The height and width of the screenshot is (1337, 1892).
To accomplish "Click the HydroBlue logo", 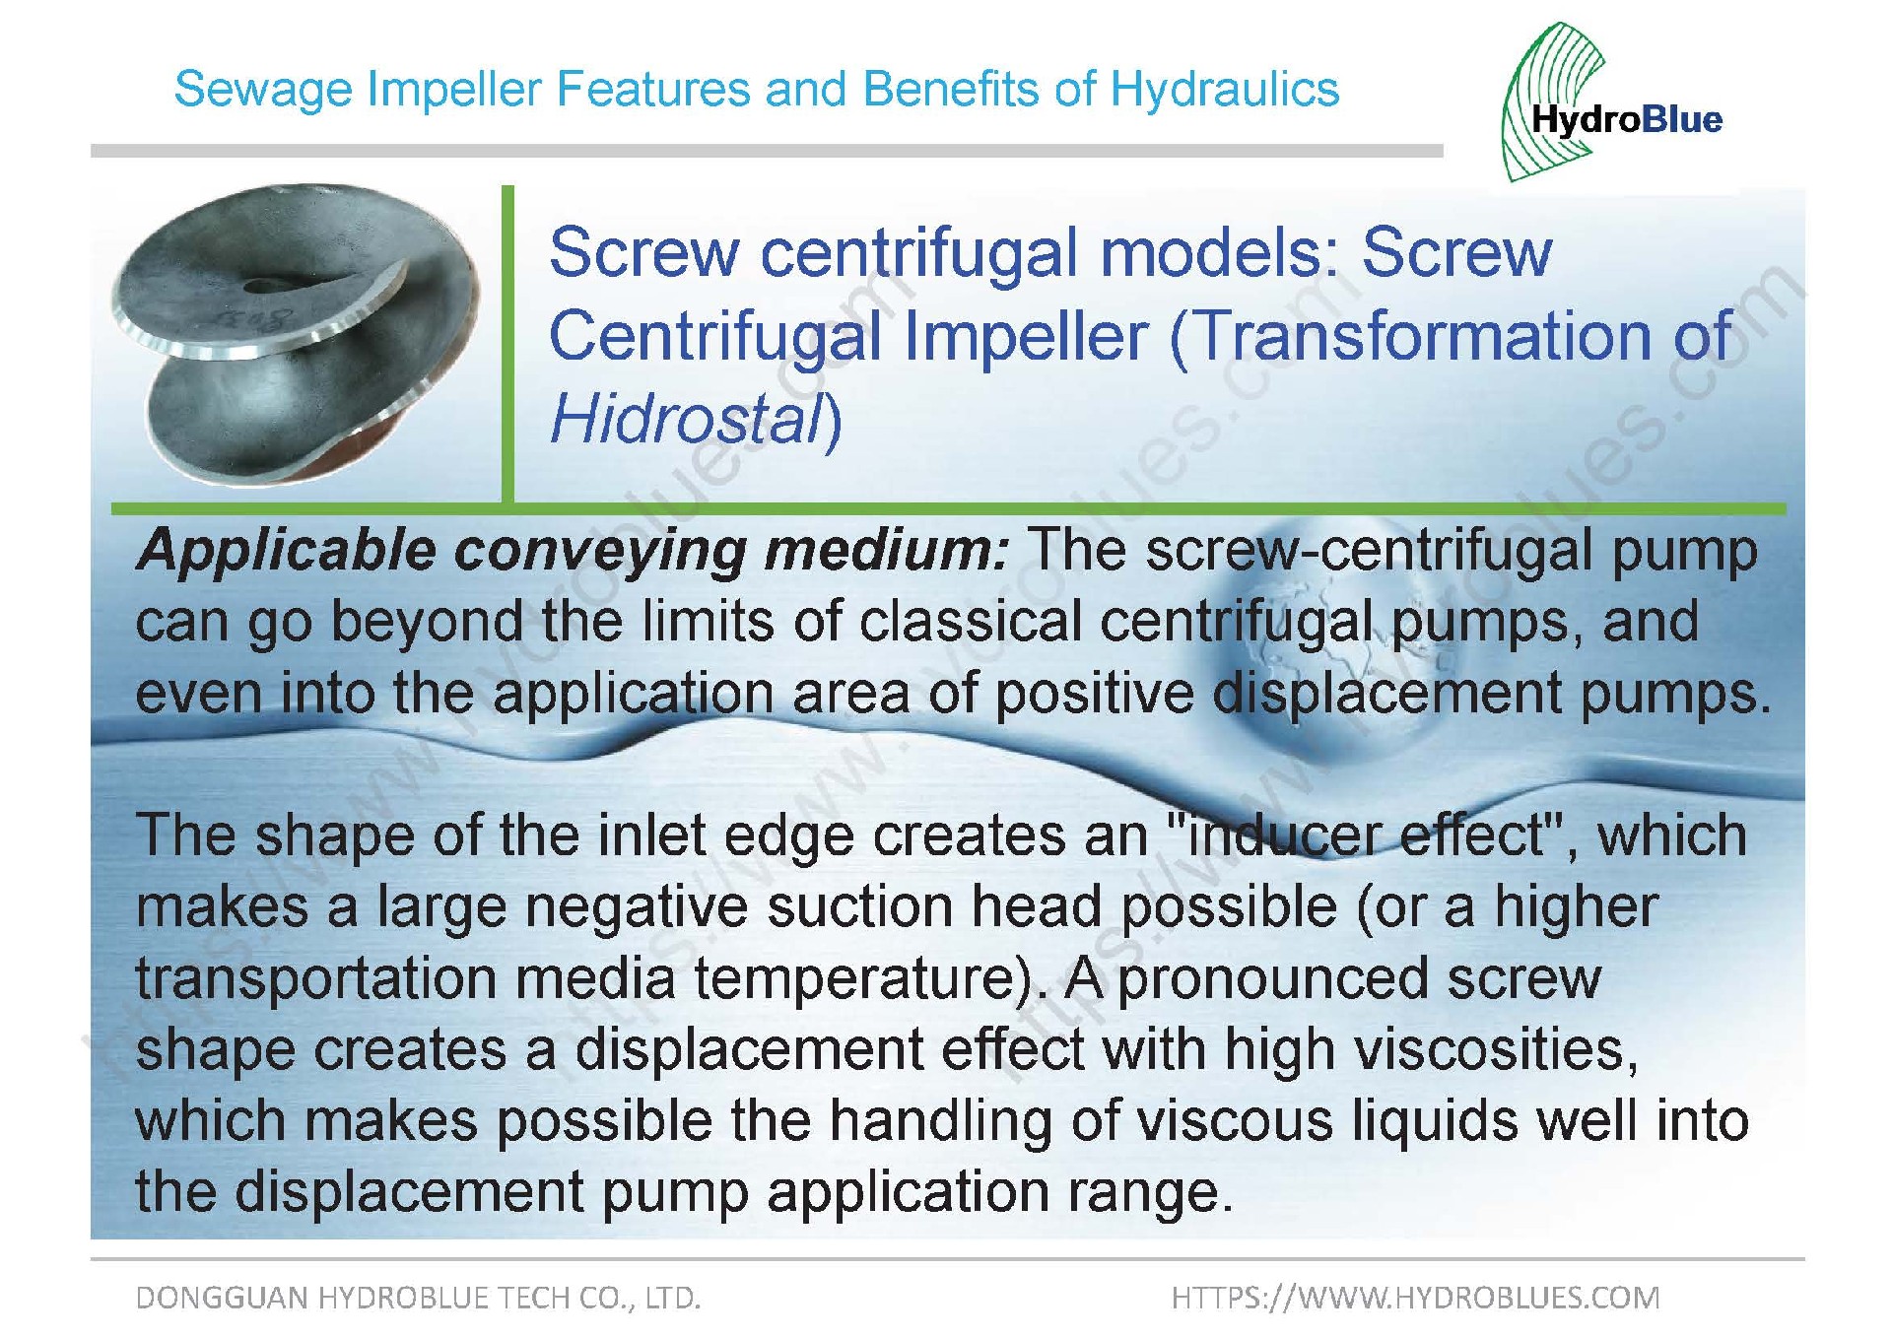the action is point(1612,102).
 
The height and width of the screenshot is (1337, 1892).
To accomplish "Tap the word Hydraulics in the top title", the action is point(1225,89).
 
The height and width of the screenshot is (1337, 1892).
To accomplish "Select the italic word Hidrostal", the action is point(686,419).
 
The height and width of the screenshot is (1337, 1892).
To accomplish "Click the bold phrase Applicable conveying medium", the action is point(573,551).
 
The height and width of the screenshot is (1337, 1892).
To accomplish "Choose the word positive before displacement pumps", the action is point(1094,694).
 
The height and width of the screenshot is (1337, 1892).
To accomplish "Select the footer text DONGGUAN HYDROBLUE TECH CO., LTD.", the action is point(418,1298).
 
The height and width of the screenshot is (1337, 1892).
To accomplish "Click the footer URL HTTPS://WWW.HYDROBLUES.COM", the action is point(1416,1298).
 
